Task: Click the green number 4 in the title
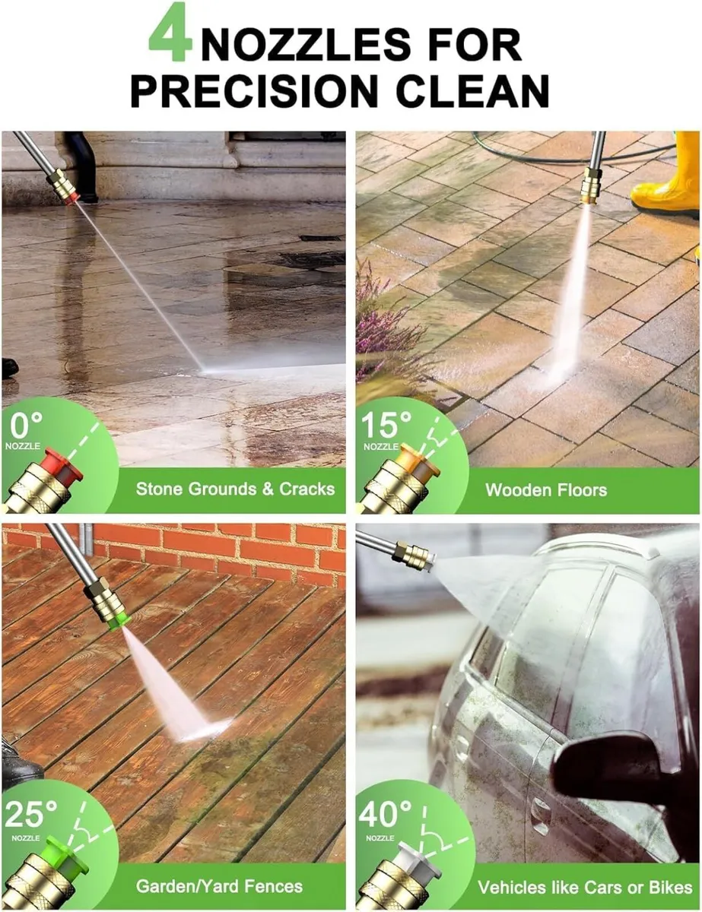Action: click(169, 33)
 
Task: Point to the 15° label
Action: click(385, 426)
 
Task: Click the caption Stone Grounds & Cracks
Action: click(235, 489)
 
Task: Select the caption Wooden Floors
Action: click(546, 489)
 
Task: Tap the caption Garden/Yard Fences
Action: click(219, 886)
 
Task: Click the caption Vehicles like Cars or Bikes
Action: click(584, 887)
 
